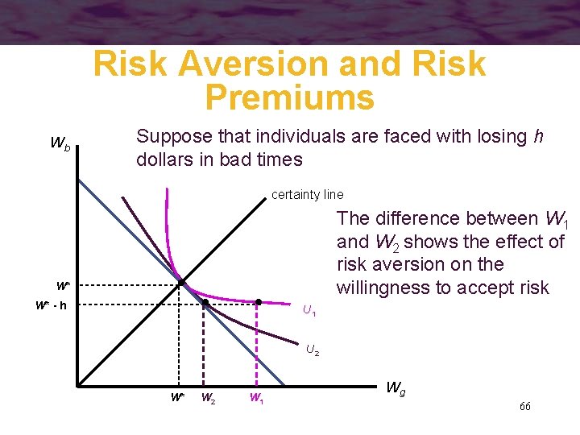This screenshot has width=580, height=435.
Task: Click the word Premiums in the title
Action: click(x=289, y=97)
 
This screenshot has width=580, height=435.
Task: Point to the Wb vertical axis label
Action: click(x=60, y=145)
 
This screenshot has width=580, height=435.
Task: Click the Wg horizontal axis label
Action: click(x=396, y=388)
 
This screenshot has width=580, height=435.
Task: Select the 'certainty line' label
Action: click(x=307, y=194)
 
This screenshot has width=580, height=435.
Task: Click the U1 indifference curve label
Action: click(x=309, y=310)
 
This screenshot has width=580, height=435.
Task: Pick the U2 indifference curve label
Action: click(x=313, y=350)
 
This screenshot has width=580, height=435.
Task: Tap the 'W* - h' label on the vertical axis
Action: click(x=51, y=305)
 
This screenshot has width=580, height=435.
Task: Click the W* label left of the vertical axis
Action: click(x=62, y=285)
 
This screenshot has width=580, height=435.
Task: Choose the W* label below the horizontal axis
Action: click(x=178, y=397)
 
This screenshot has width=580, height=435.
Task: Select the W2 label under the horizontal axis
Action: click(x=207, y=397)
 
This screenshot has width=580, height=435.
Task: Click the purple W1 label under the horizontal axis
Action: click(x=256, y=397)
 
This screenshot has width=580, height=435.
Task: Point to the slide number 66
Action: click(x=525, y=406)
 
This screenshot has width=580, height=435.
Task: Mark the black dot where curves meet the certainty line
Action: click(x=182, y=282)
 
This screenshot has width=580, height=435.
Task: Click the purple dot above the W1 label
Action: click(x=258, y=303)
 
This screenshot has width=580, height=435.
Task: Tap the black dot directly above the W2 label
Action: click(x=205, y=303)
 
